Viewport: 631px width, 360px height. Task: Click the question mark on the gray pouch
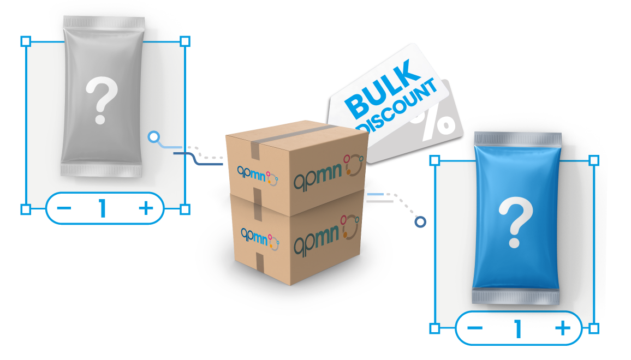[102, 100]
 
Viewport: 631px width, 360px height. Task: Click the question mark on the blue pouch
[515, 222]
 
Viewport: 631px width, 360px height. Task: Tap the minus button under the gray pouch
[64, 208]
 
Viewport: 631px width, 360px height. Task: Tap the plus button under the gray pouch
[146, 208]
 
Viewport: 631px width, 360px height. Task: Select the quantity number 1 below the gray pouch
[103, 208]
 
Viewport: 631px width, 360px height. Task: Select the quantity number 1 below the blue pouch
[518, 328]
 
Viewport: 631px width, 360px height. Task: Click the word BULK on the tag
[379, 89]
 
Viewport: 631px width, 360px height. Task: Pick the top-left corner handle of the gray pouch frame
[26, 41]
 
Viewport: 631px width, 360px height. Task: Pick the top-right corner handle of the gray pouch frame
[185, 41]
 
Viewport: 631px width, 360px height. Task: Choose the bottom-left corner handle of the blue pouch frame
[434, 328]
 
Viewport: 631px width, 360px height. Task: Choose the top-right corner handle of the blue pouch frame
[594, 161]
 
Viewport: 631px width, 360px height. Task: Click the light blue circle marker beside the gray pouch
[154, 137]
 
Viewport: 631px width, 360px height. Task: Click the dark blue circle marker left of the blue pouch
[420, 221]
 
